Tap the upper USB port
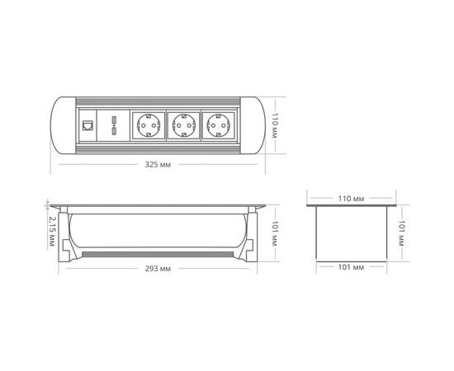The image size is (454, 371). (x=111, y=122)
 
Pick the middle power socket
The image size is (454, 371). (x=184, y=126)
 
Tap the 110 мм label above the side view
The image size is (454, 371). (x=352, y=199)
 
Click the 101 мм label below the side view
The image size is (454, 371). (x=352, y=267)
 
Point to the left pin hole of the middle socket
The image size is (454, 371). (x=177, y=126)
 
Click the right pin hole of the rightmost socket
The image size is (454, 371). (x=229, y=126)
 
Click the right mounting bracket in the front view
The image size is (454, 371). (x=245, y=235)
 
